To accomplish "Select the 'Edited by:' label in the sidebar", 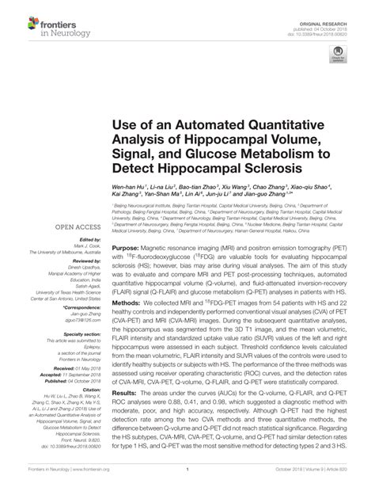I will tap(89, 240).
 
